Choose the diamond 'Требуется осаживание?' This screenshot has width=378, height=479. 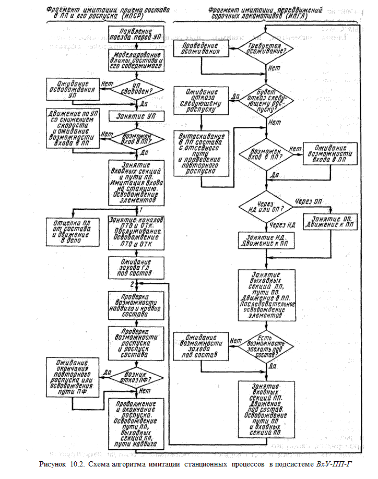point(266,50)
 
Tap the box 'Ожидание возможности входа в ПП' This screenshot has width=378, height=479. point(329,154)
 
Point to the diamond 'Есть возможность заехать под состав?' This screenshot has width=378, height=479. point(266,344)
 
